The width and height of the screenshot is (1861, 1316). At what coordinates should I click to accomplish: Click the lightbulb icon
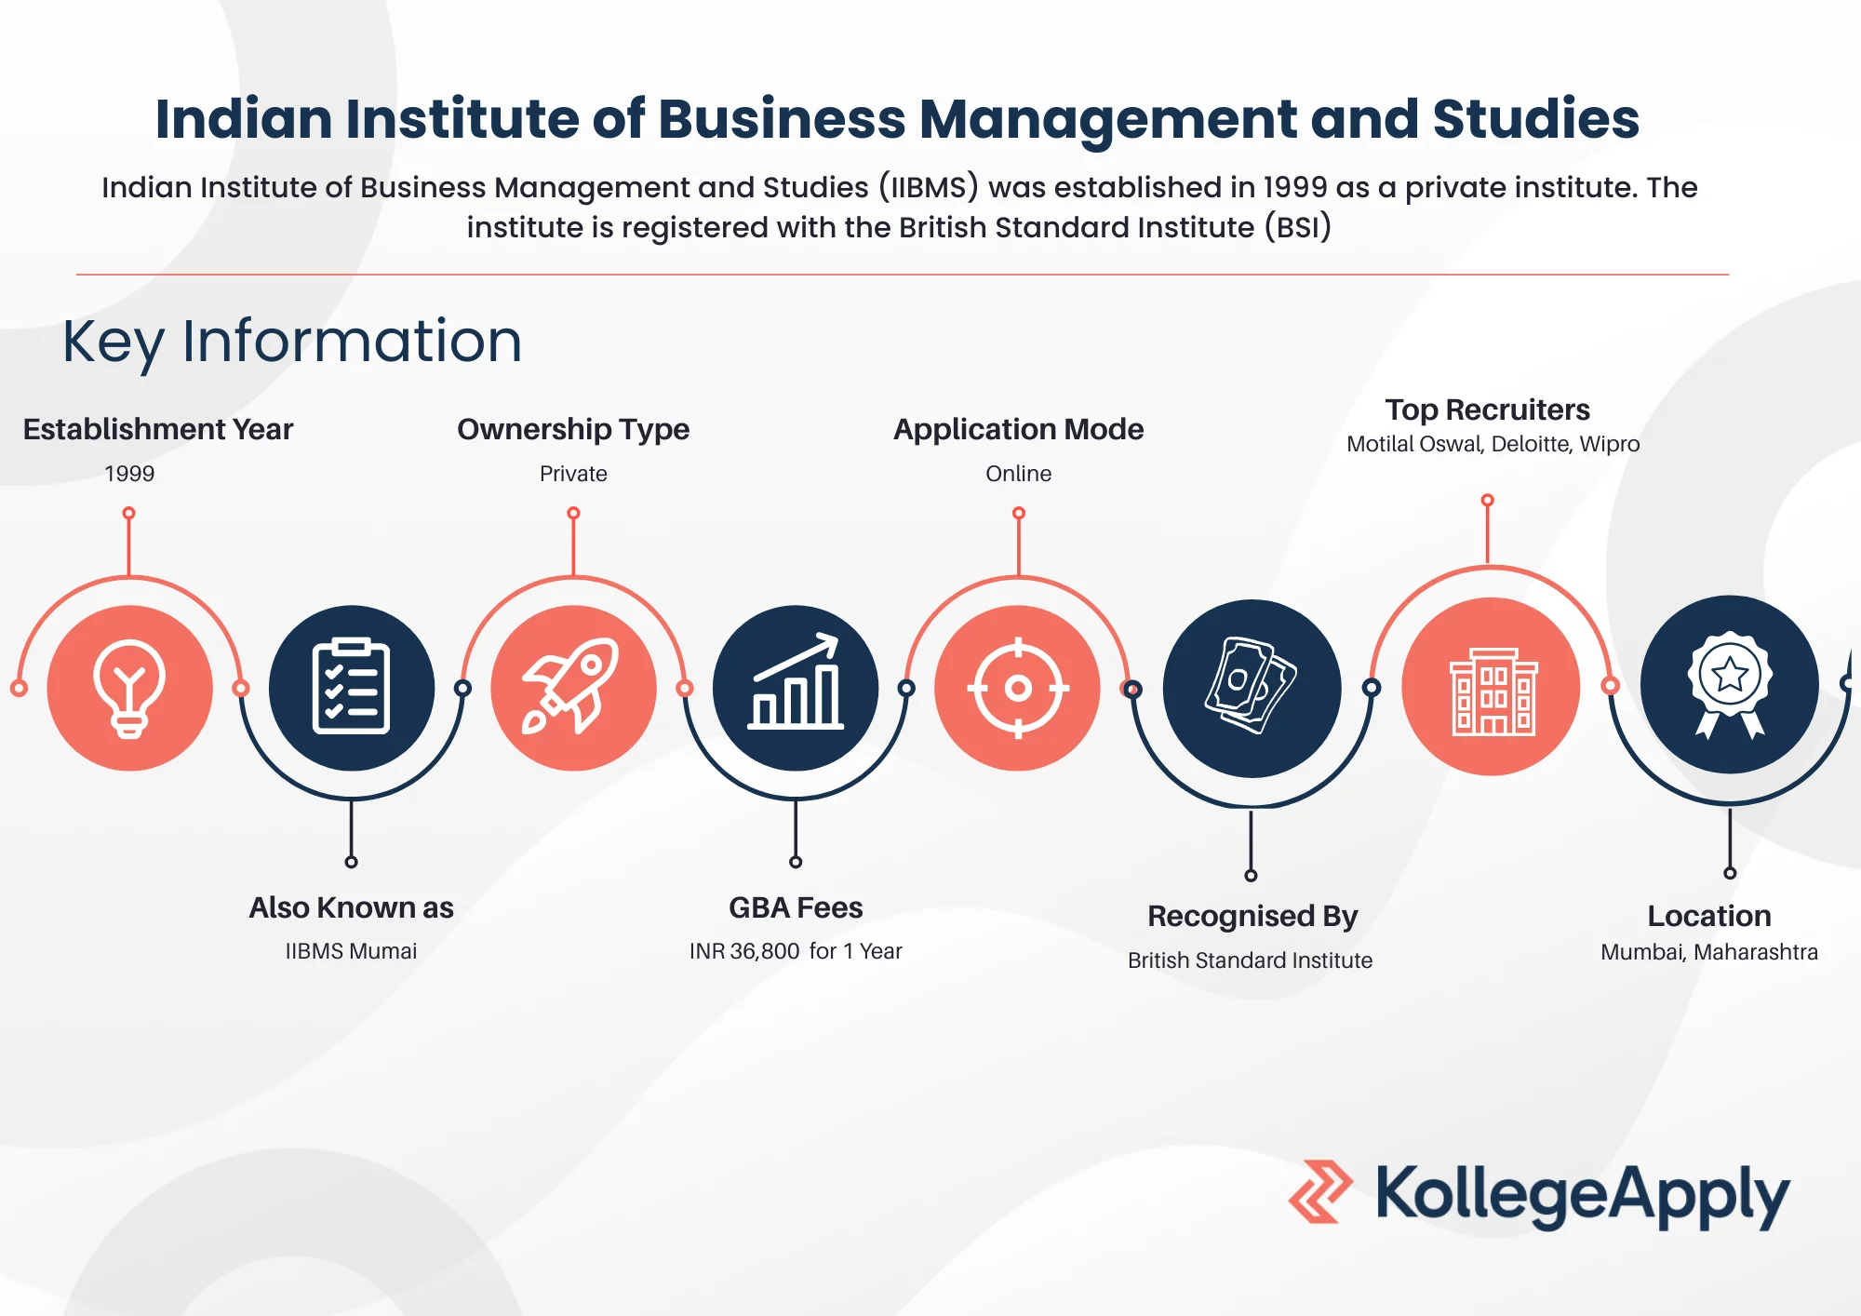129,688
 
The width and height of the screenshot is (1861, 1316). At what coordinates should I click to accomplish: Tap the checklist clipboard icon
351,686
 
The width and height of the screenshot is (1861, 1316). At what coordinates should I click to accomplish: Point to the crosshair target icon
1018,688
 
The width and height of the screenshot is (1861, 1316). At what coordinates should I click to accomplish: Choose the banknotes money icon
1252,685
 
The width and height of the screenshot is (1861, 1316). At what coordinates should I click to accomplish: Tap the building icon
1493,692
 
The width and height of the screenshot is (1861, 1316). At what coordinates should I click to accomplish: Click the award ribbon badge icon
1730,685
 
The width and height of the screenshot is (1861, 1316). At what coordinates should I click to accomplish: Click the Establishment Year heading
158,429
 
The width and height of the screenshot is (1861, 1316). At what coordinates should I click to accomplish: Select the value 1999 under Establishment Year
129,474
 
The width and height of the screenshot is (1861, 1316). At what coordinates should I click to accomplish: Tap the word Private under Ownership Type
573,474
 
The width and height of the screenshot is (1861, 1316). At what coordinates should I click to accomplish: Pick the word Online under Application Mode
1019,474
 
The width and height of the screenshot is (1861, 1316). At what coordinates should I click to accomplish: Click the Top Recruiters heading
1487,410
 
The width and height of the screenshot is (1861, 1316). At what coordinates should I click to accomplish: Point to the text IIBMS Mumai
351,951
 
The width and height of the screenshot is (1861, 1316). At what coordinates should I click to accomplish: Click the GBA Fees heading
796,907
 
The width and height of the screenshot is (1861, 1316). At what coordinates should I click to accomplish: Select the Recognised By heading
1252,917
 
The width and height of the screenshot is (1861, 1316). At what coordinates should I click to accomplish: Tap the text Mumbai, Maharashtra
1709,952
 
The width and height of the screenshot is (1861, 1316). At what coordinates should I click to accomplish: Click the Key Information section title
292,342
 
